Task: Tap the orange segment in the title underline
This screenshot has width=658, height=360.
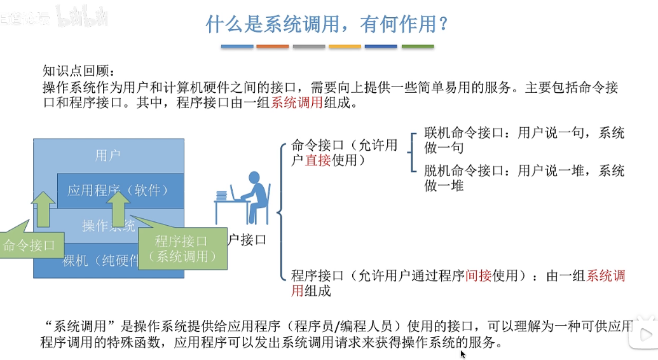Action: [272, 46]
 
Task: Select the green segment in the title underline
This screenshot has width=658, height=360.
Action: [418, 46]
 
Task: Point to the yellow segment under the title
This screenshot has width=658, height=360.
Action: [345, 46]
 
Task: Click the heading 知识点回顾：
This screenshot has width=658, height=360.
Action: [77, 71]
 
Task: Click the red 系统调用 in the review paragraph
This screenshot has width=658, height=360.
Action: [297, 103]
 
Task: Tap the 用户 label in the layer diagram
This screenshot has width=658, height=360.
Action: [108, 155]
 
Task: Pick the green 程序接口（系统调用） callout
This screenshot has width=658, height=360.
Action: [182, 248]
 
